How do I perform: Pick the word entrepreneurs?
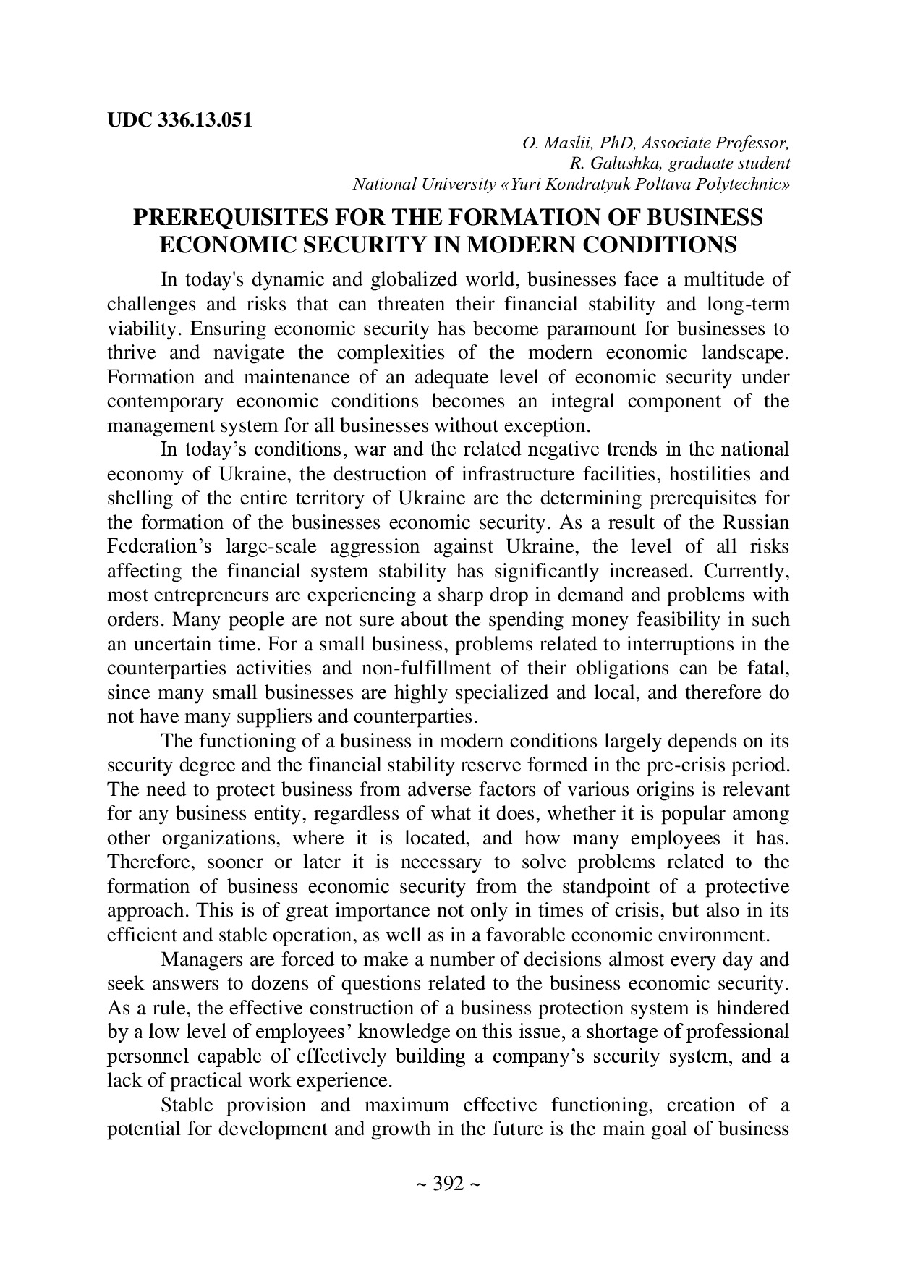click(x=210, y=595)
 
